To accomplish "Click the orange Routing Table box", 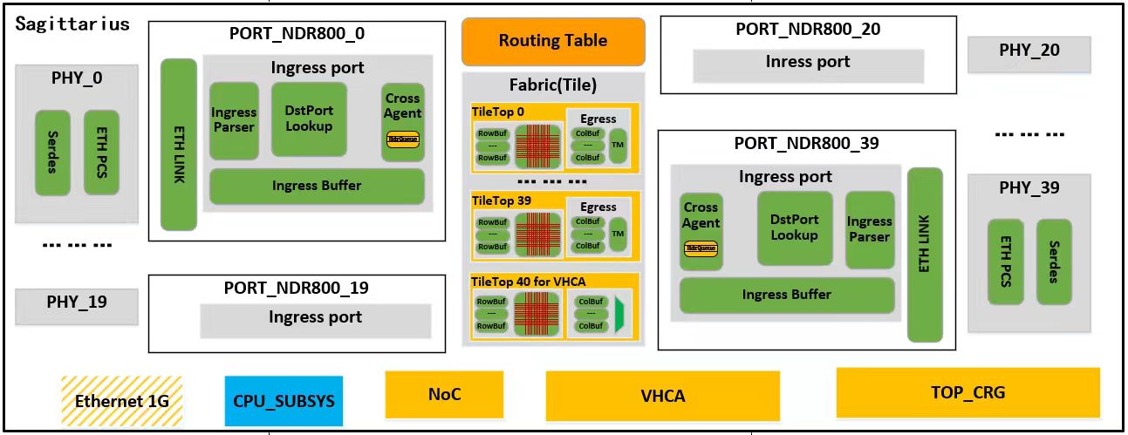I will [x=553, y=41].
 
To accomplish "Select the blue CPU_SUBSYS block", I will [x=284, y=401].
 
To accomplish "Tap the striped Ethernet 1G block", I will [x=121, y=401].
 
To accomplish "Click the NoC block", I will [x=444, y=394].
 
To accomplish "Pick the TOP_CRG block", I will [x=967, y=392].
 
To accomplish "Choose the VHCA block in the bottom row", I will [x=663, y=396].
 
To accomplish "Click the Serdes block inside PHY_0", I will [x=52, y=153].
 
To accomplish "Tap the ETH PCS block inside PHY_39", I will [x=1005, y=262].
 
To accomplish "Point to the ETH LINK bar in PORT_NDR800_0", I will [x=179, y=144].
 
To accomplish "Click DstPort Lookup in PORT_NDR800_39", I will [x=794, y=228].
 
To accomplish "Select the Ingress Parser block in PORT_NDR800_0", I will [x=234, y=120].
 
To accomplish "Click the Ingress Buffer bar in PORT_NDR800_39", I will [x=786, y=295].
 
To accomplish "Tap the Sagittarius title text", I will [x=72, y=24].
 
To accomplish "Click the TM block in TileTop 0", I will [x=618, y=143].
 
